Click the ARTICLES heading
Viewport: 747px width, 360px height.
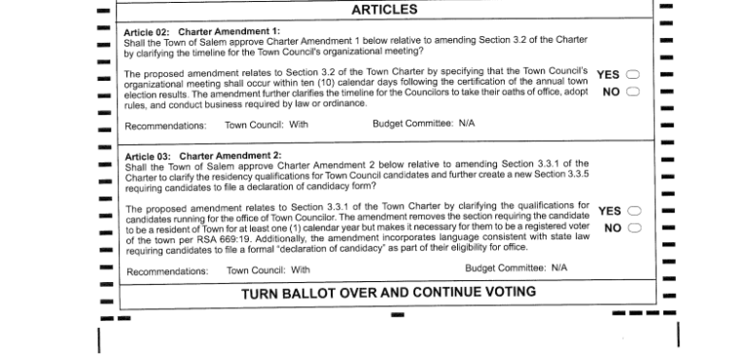click(x=384, y=10)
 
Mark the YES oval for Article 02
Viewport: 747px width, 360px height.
click(x=633, y=75)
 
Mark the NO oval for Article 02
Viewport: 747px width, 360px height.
click(x=633, y=91)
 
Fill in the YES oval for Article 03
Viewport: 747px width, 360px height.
click(x=634, y=211)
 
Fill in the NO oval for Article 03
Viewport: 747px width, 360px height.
click(x=634, y=229)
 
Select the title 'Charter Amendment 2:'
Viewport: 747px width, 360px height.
click(x=231, y=156)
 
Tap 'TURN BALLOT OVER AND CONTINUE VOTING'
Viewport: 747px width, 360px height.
click(x=388, y=292)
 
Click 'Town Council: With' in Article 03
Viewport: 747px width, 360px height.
click(x=268, y=270)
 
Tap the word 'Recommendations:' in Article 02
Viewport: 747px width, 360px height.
click(x=165, y=126)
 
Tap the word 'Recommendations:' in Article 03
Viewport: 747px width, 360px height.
click(x=167, y=270)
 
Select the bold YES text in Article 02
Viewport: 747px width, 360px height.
click(x=608, y=75)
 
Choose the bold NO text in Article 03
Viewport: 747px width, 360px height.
click(x=613, y=229)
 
